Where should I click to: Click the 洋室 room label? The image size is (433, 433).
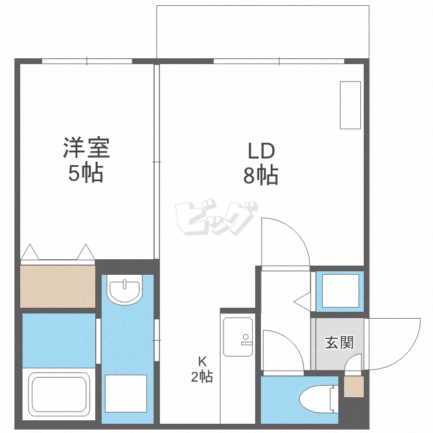(87, 148)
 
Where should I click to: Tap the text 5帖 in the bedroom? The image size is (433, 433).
(87, 173)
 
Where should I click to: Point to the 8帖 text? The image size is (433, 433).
(261, 174)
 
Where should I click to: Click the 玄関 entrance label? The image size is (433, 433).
(339, 343)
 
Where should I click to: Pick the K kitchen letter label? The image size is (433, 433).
(203, 362)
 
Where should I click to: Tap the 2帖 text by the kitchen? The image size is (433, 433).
(203, 378)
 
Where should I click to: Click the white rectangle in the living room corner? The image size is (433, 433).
(350, 105)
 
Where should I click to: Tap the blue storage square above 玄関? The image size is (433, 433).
(340, 290)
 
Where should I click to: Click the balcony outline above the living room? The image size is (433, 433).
(263, 32)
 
